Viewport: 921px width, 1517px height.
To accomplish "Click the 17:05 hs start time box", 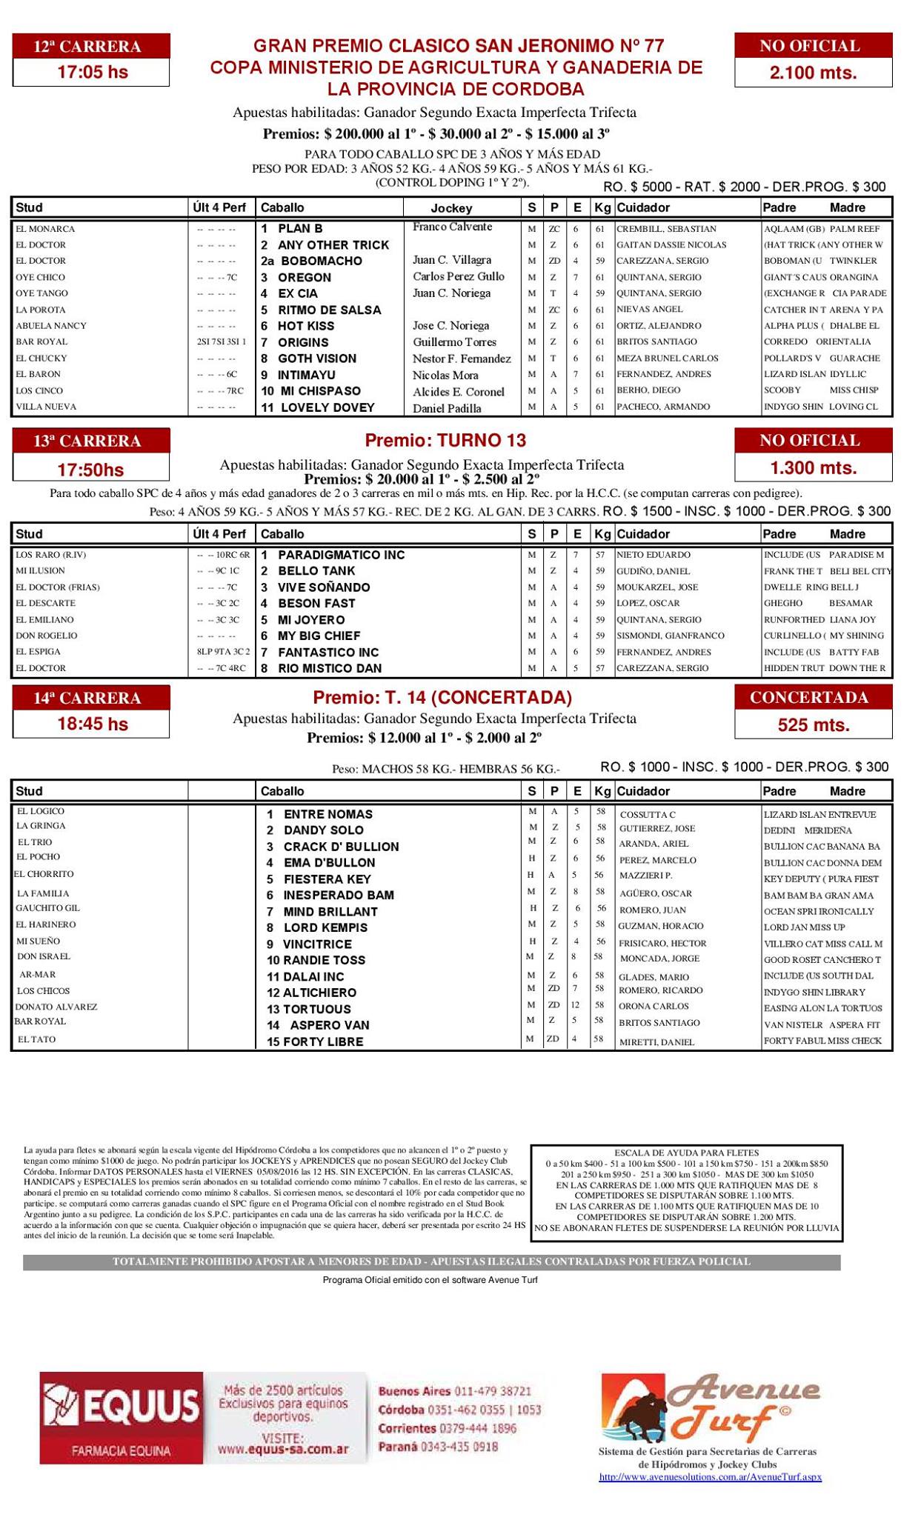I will (92, 73).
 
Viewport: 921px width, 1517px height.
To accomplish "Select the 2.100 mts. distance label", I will (813, 73).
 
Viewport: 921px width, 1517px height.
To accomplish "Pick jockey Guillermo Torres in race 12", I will (455, 342).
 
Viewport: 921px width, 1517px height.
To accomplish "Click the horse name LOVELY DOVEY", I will (327, 407).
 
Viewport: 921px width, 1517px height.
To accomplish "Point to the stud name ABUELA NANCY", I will (50, 326).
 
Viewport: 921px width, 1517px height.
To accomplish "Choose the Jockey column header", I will (451, 208).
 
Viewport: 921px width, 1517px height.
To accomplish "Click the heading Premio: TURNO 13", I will (445, 441).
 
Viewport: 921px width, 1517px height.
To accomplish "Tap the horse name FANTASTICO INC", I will (327, 653).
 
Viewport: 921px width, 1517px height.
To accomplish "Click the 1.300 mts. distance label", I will (813, 468).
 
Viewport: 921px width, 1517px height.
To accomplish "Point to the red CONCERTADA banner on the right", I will (813, 698).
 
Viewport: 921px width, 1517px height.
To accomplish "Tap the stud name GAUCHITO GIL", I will (47, 908).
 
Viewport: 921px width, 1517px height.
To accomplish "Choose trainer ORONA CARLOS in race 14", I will (654, 1007).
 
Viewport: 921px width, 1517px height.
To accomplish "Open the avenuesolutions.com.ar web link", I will (710, 1477).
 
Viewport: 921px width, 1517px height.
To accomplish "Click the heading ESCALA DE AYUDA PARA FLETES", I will (686, 1153).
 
